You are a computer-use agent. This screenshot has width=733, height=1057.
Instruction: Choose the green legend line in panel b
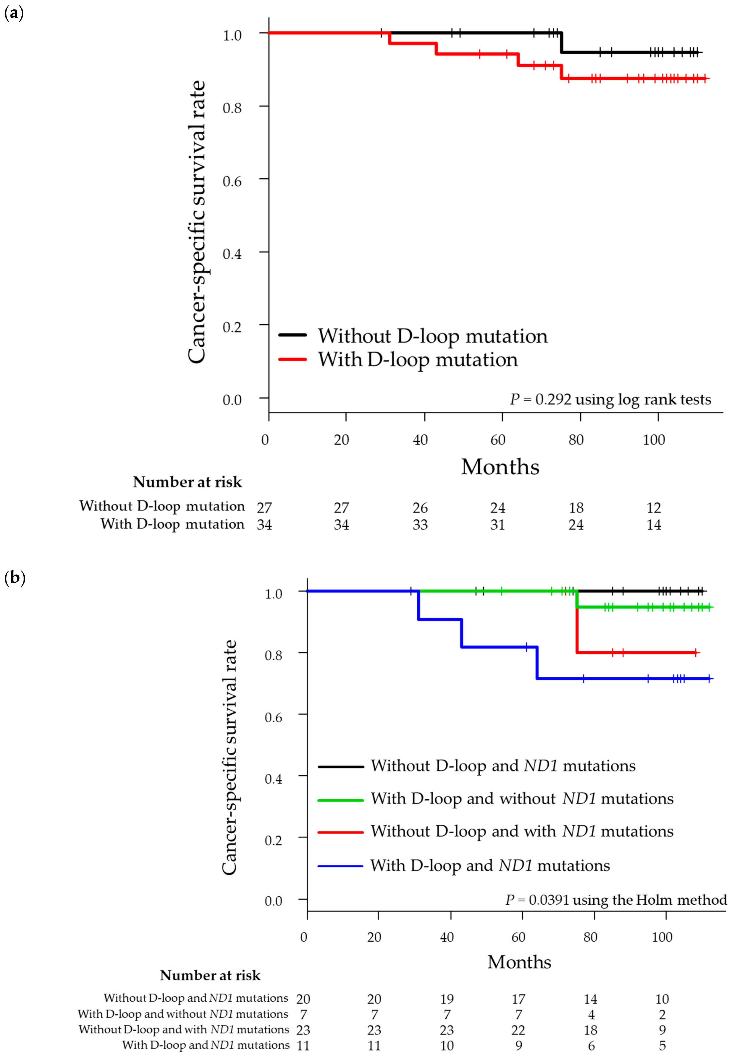[x=340, y=800]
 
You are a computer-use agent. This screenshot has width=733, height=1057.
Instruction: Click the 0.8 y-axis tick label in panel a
[x=232, y=108]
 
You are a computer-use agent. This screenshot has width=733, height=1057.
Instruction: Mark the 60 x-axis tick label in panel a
[x=498, y=440]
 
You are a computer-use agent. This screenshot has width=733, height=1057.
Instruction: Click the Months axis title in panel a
[x=500, y=467]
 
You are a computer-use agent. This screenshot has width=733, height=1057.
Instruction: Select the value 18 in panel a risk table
[x=576, y=508]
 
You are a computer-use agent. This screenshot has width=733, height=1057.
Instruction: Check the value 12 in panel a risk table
[x=654, y=508]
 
